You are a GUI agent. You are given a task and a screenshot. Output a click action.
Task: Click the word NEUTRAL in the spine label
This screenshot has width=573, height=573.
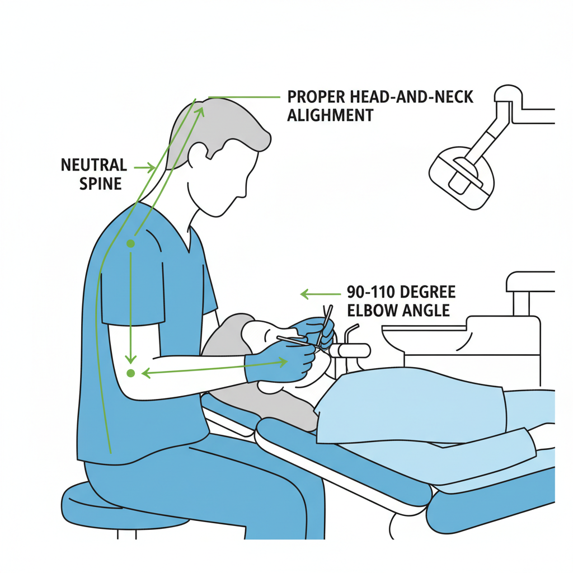[94, 165]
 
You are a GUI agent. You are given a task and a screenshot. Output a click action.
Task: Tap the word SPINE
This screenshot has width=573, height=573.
[101, 184]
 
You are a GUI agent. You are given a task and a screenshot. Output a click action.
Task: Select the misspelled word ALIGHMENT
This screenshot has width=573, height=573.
[330, 115]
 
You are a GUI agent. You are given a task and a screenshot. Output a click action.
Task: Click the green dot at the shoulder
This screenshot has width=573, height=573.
[130, 243]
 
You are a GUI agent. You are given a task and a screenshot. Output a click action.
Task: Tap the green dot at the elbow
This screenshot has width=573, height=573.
[130, 373]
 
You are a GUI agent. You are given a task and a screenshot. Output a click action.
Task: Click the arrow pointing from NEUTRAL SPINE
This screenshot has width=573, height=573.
[145, 168]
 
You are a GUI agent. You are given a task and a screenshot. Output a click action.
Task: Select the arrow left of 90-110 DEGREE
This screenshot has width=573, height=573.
[321, 294]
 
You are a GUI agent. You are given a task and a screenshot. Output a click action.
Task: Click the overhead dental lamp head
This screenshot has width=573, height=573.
[462, 177]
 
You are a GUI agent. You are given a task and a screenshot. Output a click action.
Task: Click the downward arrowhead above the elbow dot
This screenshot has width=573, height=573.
[130, 359]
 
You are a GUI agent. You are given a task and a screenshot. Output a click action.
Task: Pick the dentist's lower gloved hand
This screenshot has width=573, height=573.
[280, 363]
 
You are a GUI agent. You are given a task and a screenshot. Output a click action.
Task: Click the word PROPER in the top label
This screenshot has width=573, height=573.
[316, 97]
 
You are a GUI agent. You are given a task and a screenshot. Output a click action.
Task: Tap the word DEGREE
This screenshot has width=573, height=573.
[428, 292]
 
